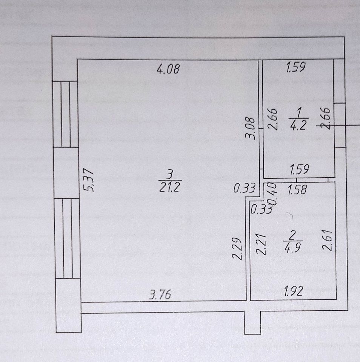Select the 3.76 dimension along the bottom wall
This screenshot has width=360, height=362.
coord(160,295)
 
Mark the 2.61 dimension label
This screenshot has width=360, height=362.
coord(327,241)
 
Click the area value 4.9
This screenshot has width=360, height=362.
coord(293,247)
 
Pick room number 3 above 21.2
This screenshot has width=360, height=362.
coord(171,174)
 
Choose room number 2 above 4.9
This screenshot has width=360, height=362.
coord(293,235)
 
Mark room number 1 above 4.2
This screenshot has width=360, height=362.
coord(298,112)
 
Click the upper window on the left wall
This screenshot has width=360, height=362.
coord(65,114)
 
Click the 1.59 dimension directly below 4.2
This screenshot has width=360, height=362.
coord(300,170)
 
